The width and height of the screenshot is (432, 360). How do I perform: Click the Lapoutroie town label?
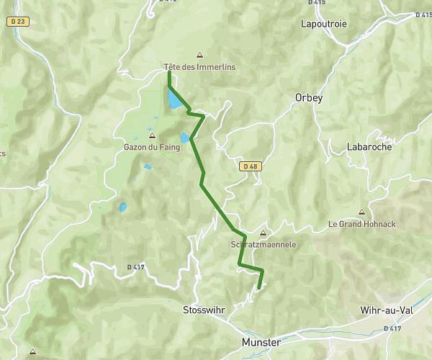point(323,24)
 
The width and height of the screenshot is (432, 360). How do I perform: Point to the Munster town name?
point(261,343)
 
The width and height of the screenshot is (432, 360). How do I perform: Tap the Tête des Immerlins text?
point(199,67)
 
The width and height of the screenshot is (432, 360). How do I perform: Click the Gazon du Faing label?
point(150,147)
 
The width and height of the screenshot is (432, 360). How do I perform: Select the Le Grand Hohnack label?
point(361,224)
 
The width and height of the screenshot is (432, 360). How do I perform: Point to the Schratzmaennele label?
point(263,244)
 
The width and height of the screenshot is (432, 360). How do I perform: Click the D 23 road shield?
point(19,22)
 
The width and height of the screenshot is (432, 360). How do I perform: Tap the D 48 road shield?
point(249,166)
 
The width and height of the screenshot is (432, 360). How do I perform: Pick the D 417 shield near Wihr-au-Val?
point(392,328)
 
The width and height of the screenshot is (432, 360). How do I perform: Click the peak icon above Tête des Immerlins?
point(199,55)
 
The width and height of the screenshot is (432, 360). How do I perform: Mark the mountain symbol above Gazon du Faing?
point(151,135)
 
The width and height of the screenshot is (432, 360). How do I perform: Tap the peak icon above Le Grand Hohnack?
point(361,212)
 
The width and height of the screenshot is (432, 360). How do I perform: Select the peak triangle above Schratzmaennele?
point(263,233)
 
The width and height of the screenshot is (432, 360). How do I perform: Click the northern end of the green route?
point(168,72)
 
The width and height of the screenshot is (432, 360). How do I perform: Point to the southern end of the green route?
point(258,288)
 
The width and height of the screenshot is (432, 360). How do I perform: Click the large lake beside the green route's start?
point(174,99)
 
